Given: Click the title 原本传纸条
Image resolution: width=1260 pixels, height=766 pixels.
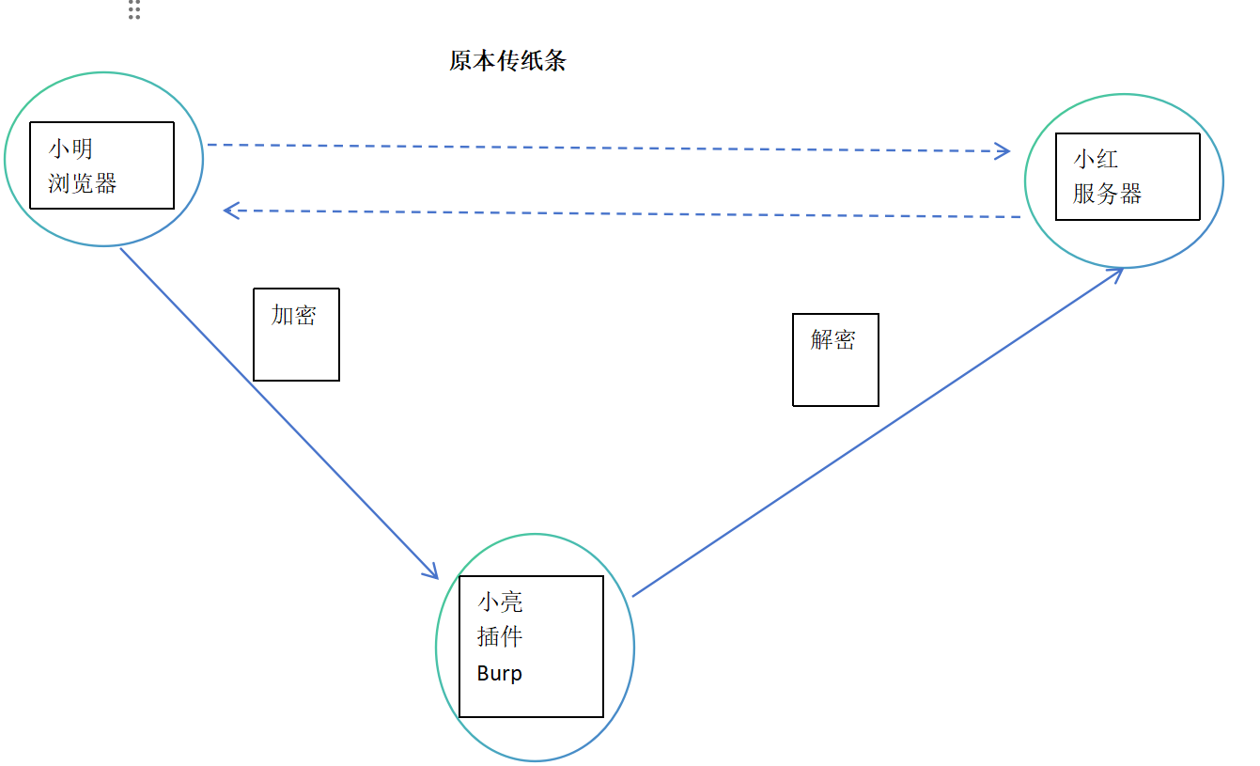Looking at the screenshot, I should click(507, 62).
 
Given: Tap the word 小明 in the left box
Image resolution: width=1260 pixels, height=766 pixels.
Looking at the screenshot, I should click(71, 149).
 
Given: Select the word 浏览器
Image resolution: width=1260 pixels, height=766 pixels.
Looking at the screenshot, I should click(83, 182).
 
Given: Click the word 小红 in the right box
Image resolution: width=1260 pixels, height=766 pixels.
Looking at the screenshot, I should click(1096, 158).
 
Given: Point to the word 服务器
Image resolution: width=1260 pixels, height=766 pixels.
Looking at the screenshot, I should click(1107, 194).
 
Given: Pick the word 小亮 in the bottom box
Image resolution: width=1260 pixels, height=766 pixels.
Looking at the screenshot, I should click(500, 602).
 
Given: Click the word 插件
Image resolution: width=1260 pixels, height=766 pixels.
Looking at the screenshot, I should click(500, 637).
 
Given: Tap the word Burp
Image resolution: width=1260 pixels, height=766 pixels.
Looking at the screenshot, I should click(499, 674).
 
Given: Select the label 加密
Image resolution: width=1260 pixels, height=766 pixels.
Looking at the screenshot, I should click(293, 315).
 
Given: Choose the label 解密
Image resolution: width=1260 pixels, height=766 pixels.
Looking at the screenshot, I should click(832, 339).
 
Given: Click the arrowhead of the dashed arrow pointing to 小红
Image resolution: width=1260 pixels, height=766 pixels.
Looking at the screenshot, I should click(1003, 150).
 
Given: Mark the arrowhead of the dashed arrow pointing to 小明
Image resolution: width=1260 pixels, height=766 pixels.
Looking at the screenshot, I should click(230, 211).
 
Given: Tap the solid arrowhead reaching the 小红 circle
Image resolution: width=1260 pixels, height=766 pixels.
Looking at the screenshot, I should click(1117, 273).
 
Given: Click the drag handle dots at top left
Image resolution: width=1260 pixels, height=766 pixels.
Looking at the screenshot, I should click(134, 9).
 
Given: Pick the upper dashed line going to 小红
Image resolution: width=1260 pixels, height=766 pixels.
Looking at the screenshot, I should click(601, 148).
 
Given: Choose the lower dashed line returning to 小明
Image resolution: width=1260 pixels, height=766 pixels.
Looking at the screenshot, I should click(620, 213).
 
